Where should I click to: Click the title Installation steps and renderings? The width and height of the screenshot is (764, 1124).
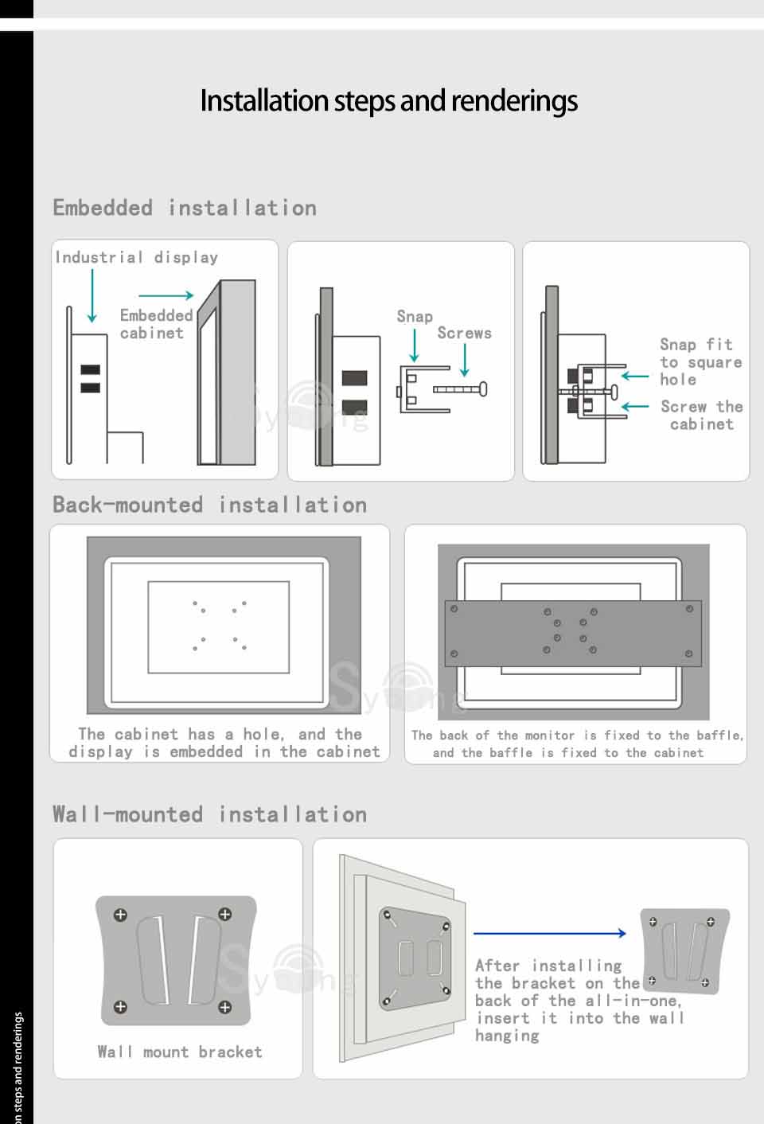click(x=389, y=101)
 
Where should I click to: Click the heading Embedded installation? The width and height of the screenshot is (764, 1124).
click(x=185, y=208)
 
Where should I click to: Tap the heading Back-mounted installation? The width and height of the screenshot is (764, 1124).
click(x=209, y=505)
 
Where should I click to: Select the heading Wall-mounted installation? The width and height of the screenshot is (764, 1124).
click(x=209, y=814)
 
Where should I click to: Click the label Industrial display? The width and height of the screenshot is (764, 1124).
click(x=136, y=258)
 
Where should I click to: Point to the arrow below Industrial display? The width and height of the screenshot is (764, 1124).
click(x=92, y=296)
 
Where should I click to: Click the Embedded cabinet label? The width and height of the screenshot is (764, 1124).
click(x=157, y=324)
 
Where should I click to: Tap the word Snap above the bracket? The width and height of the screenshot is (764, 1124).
click(x=415, y=317)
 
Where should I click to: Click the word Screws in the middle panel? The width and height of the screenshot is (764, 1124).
click(x=464, y=333)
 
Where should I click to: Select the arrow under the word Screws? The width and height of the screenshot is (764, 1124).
click(x=465, y=361)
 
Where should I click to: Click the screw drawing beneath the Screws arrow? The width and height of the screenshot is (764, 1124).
click(x=460, y=389)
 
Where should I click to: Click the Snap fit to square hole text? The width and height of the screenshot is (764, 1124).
click(x=701, y=361)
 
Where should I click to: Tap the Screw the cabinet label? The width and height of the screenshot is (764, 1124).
click(x=702, y=415)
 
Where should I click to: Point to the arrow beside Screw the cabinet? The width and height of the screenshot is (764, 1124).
click(x=634, y=406)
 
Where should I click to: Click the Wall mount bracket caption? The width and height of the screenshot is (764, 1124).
click(x=180, y=1052)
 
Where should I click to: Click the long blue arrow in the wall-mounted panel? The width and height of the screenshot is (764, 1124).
click(x=550, y=933)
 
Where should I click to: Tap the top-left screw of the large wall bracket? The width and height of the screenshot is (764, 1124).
click(x=120, y=915)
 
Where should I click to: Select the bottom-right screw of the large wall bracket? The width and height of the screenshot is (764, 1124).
click(x=224, y=1006)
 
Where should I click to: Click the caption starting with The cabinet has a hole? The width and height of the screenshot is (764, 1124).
click(x=224, y=743)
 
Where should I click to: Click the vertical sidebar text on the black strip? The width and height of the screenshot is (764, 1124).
click(x=18, y=1067)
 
